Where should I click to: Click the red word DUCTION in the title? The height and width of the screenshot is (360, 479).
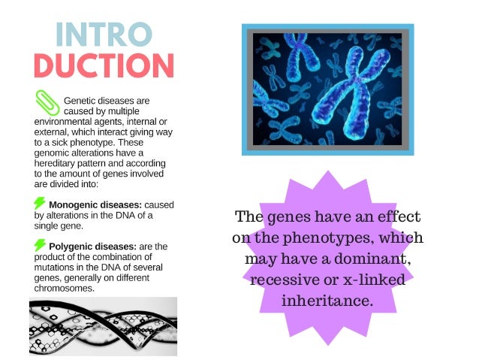(104, 65)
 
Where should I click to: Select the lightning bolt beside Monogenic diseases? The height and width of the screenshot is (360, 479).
(39, 203)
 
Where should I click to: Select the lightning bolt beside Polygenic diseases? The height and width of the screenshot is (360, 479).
(39, 245)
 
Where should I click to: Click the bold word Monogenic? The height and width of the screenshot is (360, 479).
(74, 204)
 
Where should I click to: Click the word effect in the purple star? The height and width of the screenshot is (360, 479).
(398, 218)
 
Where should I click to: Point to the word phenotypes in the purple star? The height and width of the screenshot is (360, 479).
(324, 239)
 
